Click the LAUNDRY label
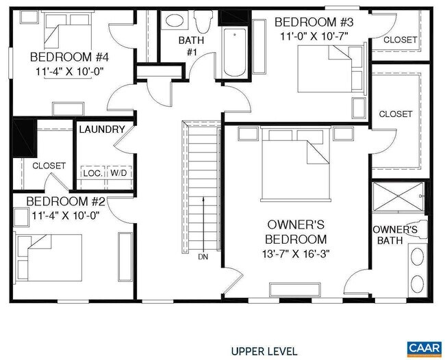pyautogui.click(x=101, y=129)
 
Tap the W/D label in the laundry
pyautogui.click(x=118, y=173)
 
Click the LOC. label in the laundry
pyautogui.click(x=92, y=173)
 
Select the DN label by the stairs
pyautogui.click(x=203, y=257)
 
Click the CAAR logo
pyautogui.click(x=424, y=348)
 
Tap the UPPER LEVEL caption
pyautogui.click(x=264, y=351)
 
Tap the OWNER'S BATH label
pyautogui.click(x=394, y=235)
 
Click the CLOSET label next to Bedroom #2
pyautogui.click(x=49, y=166)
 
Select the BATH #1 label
pyautogui.click(x=191, y=46)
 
